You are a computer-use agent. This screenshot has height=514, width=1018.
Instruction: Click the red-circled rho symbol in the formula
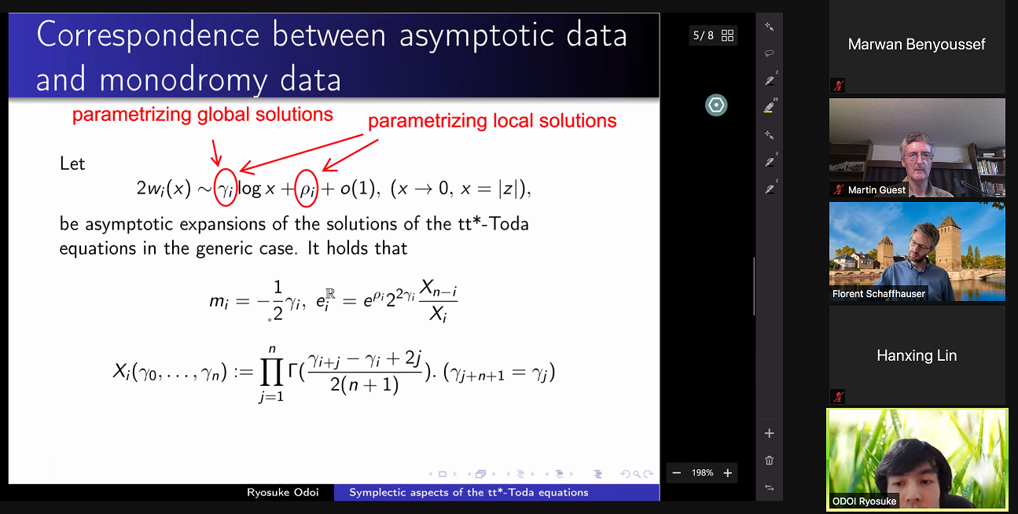point(307,189)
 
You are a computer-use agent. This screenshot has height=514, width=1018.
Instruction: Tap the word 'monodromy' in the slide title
point(183,80)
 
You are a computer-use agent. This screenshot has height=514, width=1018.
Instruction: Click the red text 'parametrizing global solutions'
point(203,115)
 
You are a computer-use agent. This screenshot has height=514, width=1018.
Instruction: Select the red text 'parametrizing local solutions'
point(492,121)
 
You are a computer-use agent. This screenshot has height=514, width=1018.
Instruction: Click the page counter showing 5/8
point(703,35)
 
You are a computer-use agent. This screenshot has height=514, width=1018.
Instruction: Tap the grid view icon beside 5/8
point(728,35)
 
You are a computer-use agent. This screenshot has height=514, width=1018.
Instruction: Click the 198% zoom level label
point(702,472)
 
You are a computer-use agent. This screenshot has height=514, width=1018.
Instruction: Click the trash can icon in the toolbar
point(769,461)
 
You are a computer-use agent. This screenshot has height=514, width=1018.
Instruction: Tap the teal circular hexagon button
point(716,105)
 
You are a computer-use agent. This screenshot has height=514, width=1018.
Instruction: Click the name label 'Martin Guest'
point(877,190)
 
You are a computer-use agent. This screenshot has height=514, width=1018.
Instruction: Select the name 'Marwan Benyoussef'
point(917,45)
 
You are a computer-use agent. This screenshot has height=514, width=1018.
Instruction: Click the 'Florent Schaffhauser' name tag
point(879,294)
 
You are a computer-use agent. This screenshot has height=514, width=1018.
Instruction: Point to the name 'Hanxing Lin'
point(917,355)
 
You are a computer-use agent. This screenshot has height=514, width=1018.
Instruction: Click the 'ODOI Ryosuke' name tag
point(864,501)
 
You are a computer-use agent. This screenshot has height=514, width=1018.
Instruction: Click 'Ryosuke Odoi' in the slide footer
point(283,492)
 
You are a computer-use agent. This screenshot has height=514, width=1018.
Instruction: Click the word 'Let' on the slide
point(72,163)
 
